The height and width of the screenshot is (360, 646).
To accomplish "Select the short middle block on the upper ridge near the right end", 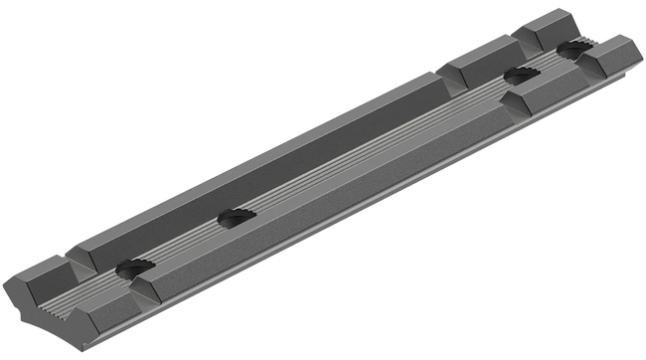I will click(x=475, y=68).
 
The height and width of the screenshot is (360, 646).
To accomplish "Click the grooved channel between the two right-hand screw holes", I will click(x=542, y=62).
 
